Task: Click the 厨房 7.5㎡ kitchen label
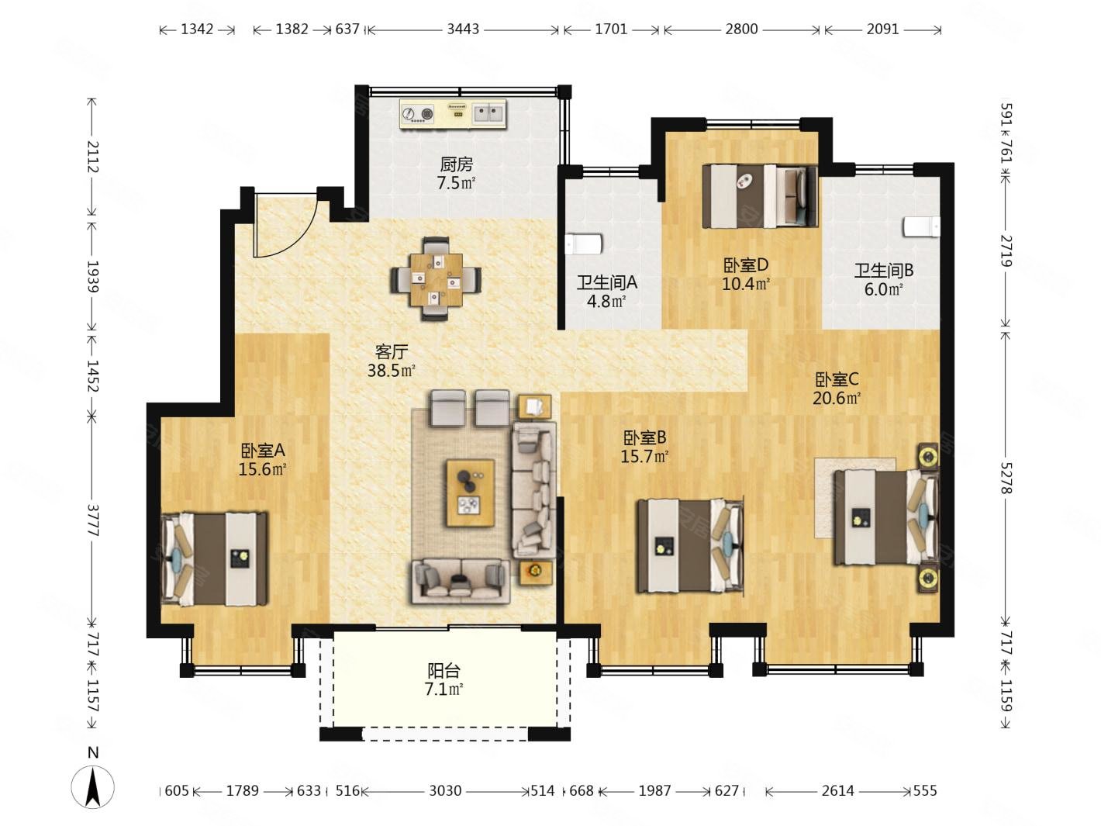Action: [x=455, y=174]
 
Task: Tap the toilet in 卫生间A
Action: [x=583, y=244]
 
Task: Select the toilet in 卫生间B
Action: [x=922, y=226]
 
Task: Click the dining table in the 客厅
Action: [x=436, y=279]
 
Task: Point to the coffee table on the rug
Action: [x=471, y=493]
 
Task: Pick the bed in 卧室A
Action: [x=214, y=559]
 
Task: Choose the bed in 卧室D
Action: [x=759, y=196]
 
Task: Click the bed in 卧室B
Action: [x=690, y=546]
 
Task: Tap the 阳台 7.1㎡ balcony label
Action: [x=444, y=679]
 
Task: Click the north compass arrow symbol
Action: [x=93, y=787]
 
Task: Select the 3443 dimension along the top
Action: [x=463, y=29]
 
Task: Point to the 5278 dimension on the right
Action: [x=1006, y=478]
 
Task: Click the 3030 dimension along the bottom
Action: [x=445, y=790]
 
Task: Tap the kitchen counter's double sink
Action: [x=488, y=113]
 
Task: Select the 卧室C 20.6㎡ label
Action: [x=837, y=389]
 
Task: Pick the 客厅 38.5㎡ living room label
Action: [x=392, y=361]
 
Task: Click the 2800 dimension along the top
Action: [x=741, y=29]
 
